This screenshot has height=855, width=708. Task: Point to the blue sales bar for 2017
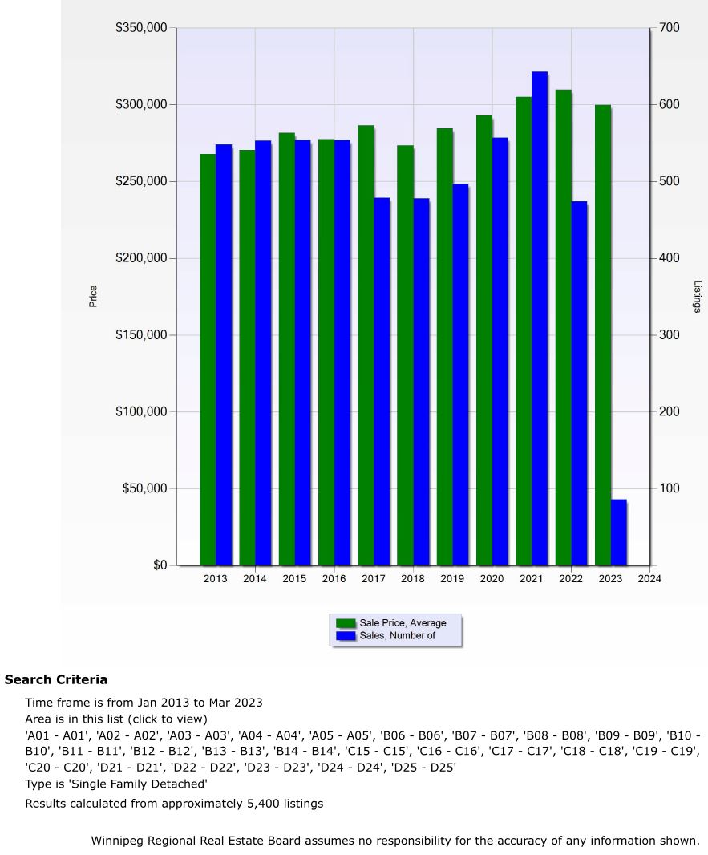point(382,381)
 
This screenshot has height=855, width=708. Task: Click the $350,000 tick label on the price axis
point(141,28)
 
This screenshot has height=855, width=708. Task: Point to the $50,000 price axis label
point(144,488)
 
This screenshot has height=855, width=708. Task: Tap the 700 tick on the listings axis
point(670,28)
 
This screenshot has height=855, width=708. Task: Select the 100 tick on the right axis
point(670,488)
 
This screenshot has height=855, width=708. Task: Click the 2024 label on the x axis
point(649,579)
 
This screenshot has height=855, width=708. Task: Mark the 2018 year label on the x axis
point(413,579)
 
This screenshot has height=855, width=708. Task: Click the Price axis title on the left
point(93,297)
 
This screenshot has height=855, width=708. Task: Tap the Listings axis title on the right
point(697,297)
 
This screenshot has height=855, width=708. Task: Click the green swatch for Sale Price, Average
point(346,623)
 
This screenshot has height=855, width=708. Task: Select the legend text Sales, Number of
point(398,636)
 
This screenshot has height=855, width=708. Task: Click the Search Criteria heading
point(56,680)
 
